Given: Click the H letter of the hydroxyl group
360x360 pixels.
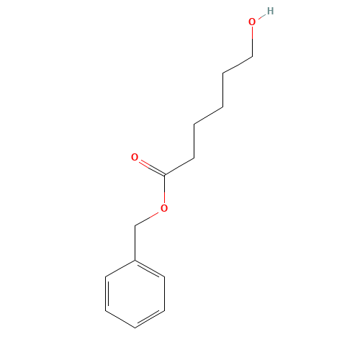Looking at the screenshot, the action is [x=270, y=11].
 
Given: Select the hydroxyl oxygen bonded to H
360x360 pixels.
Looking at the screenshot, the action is [x=252, y=22].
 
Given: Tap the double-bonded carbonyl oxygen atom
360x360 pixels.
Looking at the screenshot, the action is [x=135, y=157].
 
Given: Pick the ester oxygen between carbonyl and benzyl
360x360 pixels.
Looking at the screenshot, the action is [x=164, y=208].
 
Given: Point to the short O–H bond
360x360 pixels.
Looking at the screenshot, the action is [x=262, y=17].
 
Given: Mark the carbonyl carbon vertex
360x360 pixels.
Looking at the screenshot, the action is [x=164, y=175].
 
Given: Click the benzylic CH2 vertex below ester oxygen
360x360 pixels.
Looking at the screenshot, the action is [x=135, y=225].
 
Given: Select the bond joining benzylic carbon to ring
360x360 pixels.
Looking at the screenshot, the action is [x=135, y=243].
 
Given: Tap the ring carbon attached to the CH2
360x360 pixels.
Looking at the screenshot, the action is [x=135, y=260].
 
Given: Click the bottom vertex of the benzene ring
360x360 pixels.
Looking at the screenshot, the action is [x=135, y=328].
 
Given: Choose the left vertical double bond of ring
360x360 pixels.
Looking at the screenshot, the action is [x=107, y=294].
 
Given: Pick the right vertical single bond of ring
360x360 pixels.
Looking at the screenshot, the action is [x=164, y=294].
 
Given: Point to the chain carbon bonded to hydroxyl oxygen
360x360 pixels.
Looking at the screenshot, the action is [x=252, y=57].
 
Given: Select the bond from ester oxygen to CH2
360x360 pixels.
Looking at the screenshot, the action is [x=147, y=219].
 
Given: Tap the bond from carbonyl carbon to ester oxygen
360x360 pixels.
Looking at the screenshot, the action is [x=164, y=189].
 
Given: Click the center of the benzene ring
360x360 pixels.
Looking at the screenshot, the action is [x=135, y=294].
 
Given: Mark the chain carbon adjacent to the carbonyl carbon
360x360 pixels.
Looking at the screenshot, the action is [x=194, y=158].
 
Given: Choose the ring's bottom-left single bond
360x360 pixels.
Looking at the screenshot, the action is [x=120, y=320].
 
